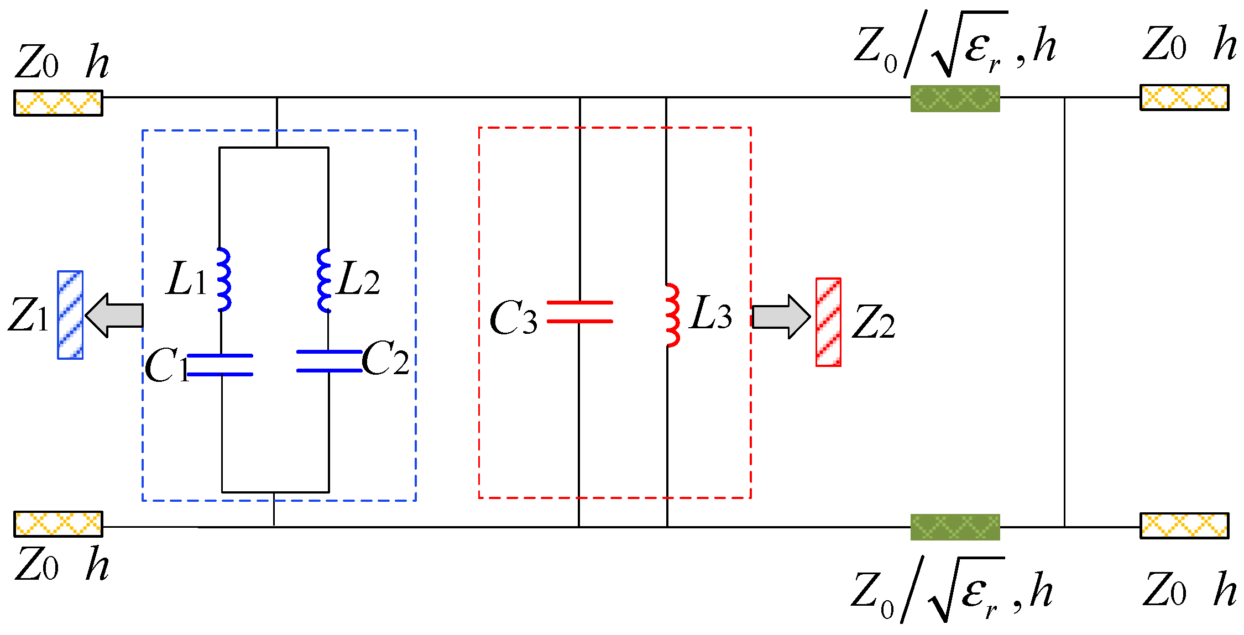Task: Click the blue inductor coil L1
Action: click(x=223, y=280)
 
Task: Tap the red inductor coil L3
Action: click(x=672, y=315)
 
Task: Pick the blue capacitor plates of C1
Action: click(x=220, y=365)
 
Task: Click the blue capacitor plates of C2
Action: click(x=329, y=361)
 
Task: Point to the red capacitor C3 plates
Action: click(x=579, y=312)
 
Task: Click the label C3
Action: click(x=513, y=319)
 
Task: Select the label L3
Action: click(x=711, y=313)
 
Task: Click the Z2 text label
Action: click(x=873, y=322)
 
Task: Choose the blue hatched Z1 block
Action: click(x=70, y=315)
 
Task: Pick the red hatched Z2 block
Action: click(x=828, y=322)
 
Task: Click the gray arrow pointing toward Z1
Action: click(x=115, y=316)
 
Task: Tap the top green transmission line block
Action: click(x=955, y=98)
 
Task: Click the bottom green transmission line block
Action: click(x=955, y=527)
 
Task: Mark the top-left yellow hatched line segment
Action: click(x=58, y=103)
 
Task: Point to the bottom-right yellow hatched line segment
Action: click(x=1184, y=525)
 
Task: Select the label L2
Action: click(x=359, y=280)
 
